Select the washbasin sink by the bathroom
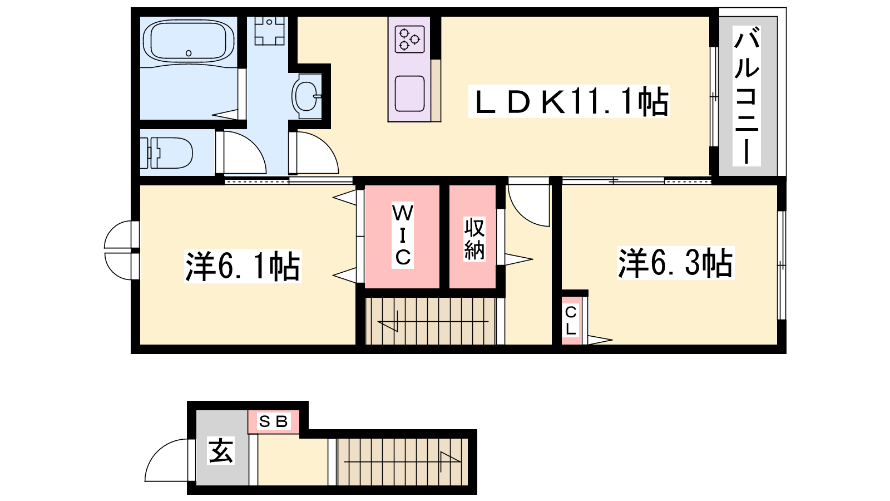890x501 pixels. point(306,96)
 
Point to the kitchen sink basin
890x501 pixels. point(409,94)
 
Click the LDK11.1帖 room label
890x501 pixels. point(570,101)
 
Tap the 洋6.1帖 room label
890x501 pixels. point(243,267)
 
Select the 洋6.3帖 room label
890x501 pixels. point(675,263)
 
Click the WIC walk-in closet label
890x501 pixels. point(403,235)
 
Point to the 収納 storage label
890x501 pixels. point(474,239)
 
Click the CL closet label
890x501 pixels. point(571,321)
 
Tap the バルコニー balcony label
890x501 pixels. point(747,96)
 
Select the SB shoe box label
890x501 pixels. point(273,421)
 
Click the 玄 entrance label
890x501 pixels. point(221,450)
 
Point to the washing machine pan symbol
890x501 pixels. point(269,31)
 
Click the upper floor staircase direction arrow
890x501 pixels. point(433,321)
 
